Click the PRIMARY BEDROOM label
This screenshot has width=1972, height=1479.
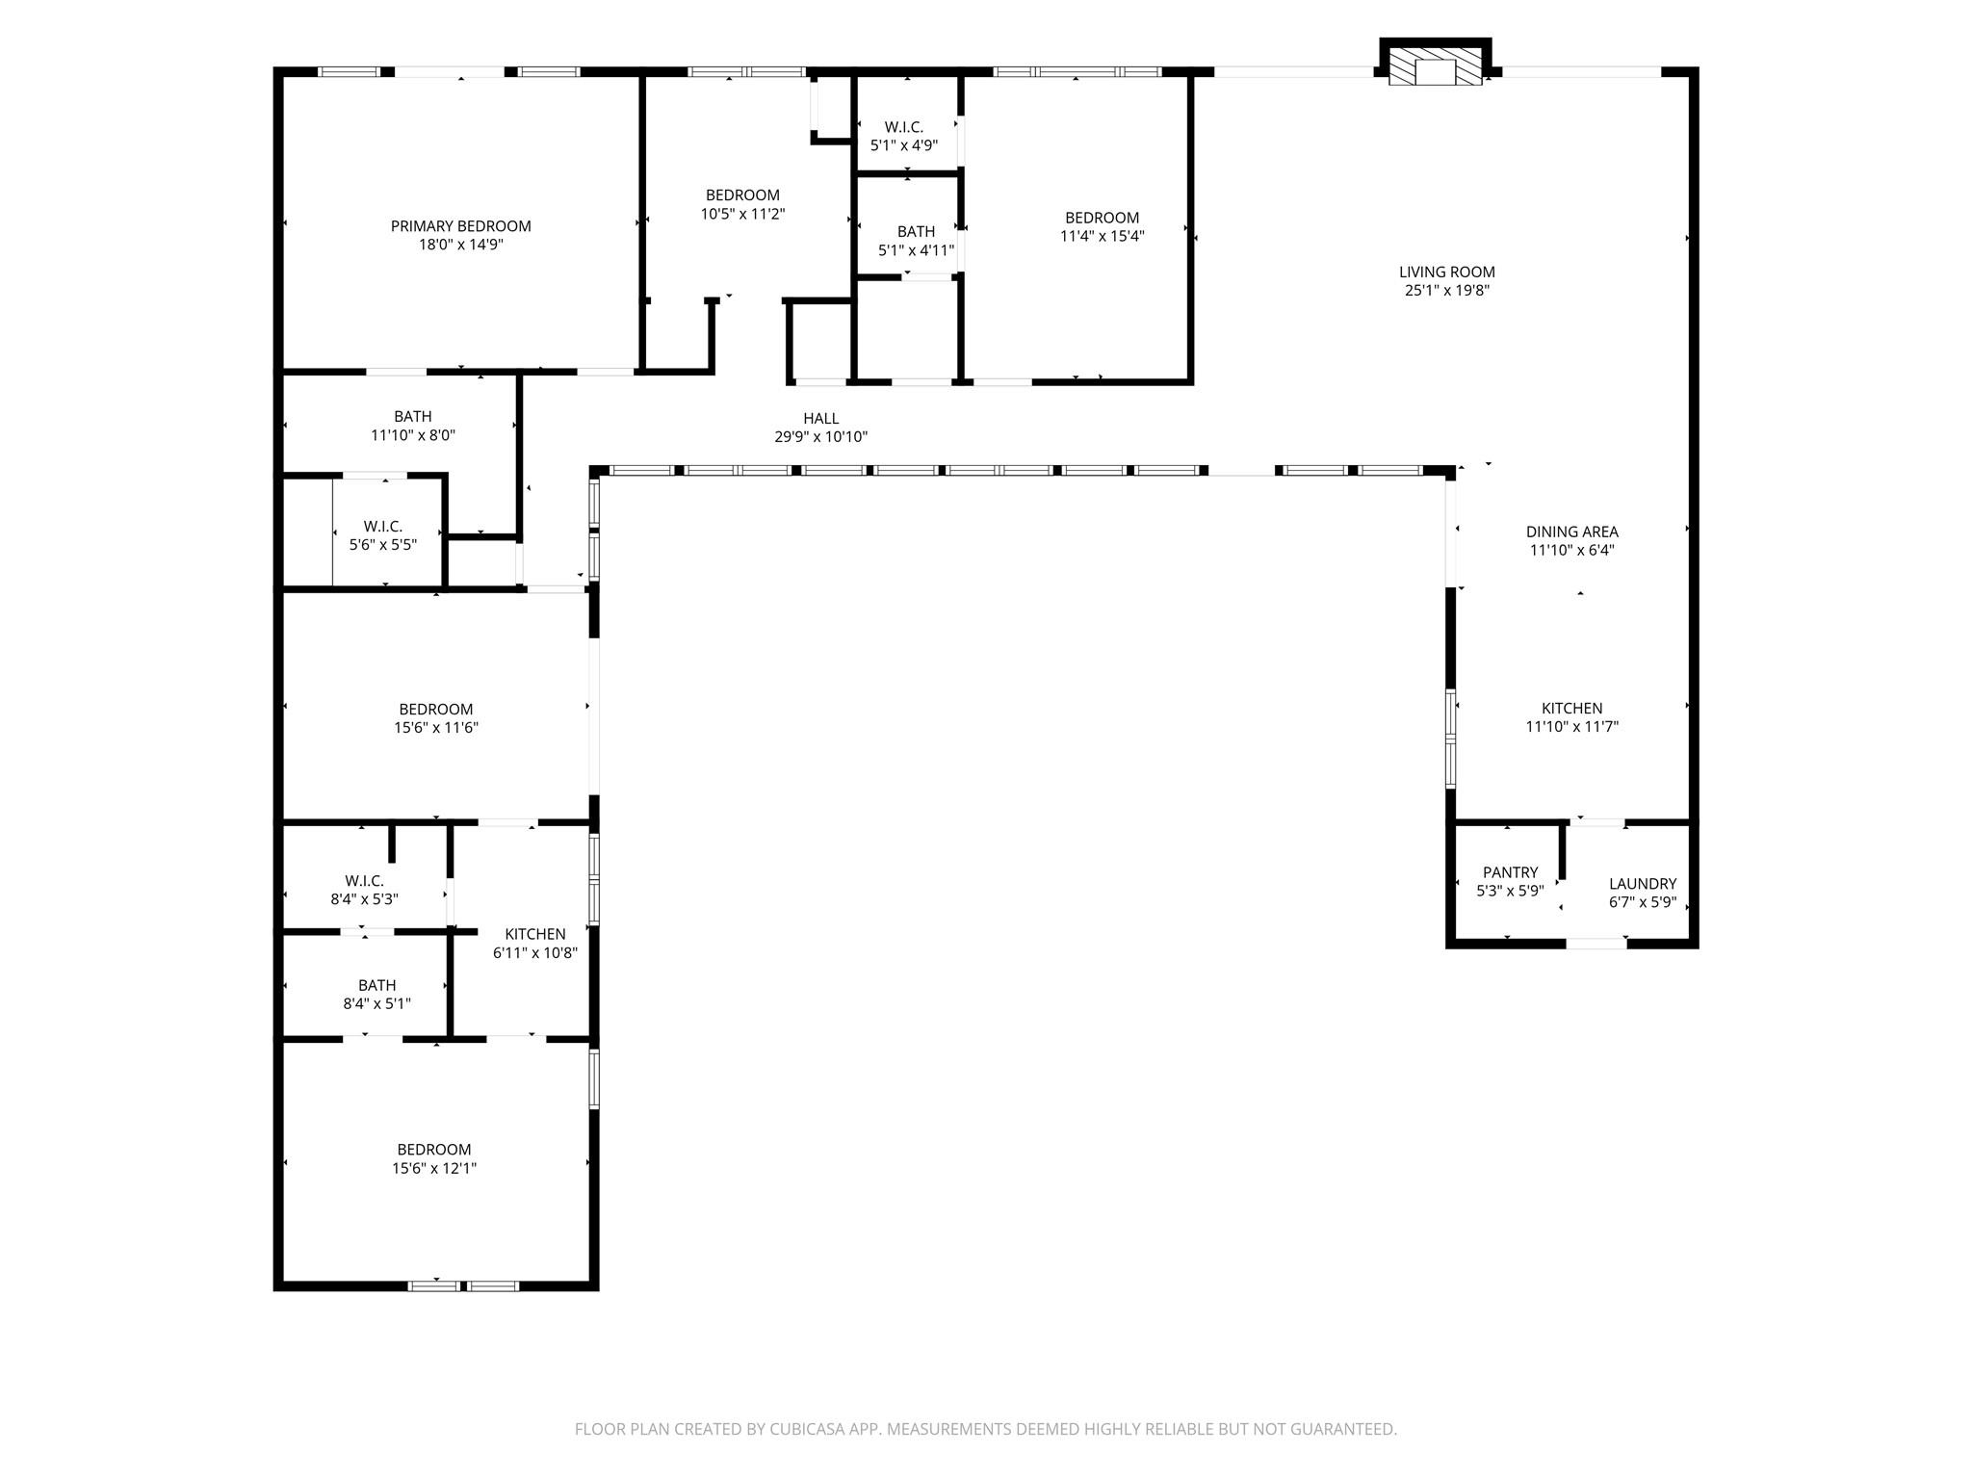460,226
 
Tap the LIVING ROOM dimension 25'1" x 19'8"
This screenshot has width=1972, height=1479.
1446,291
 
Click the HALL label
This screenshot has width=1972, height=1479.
820,418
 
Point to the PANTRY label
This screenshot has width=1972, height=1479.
1510,872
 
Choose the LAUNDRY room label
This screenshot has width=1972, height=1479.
1642,884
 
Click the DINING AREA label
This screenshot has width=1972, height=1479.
1571,532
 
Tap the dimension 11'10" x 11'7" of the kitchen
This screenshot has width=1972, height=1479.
1571,727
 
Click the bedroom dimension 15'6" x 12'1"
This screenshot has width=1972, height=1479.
434,1169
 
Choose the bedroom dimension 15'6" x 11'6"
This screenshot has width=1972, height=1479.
435,728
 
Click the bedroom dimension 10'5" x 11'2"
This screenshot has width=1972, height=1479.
742,214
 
